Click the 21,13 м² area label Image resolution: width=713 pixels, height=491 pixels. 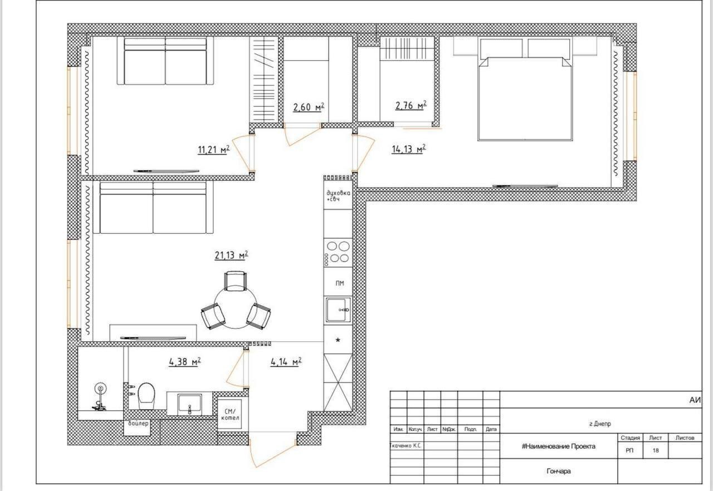coord(231,255)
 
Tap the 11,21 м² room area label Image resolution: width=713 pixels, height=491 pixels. coord(213,149)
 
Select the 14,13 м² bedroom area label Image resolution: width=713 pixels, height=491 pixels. coord(409,149)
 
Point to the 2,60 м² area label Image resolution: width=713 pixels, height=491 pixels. coord(309,107)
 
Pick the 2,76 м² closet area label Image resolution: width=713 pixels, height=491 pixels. coord(411,105)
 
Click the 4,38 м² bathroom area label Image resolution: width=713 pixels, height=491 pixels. coord(184,362)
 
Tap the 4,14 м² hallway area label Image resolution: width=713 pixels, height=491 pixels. coord(286,362)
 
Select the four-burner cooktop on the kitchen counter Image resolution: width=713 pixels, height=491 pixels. coord(338,252)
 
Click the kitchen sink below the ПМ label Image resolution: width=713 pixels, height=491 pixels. coord(338,310)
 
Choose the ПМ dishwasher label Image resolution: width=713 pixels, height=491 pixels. coord(340,283)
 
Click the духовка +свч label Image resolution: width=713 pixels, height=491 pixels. coord(338,196)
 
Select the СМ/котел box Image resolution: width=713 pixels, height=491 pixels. coord(230,414)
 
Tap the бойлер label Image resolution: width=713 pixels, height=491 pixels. coord(138,424)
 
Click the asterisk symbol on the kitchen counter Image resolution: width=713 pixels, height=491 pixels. coord(338,340)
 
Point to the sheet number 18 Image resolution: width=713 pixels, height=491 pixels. coord(656,450)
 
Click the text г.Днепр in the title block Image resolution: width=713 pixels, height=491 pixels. coord(600,424)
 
